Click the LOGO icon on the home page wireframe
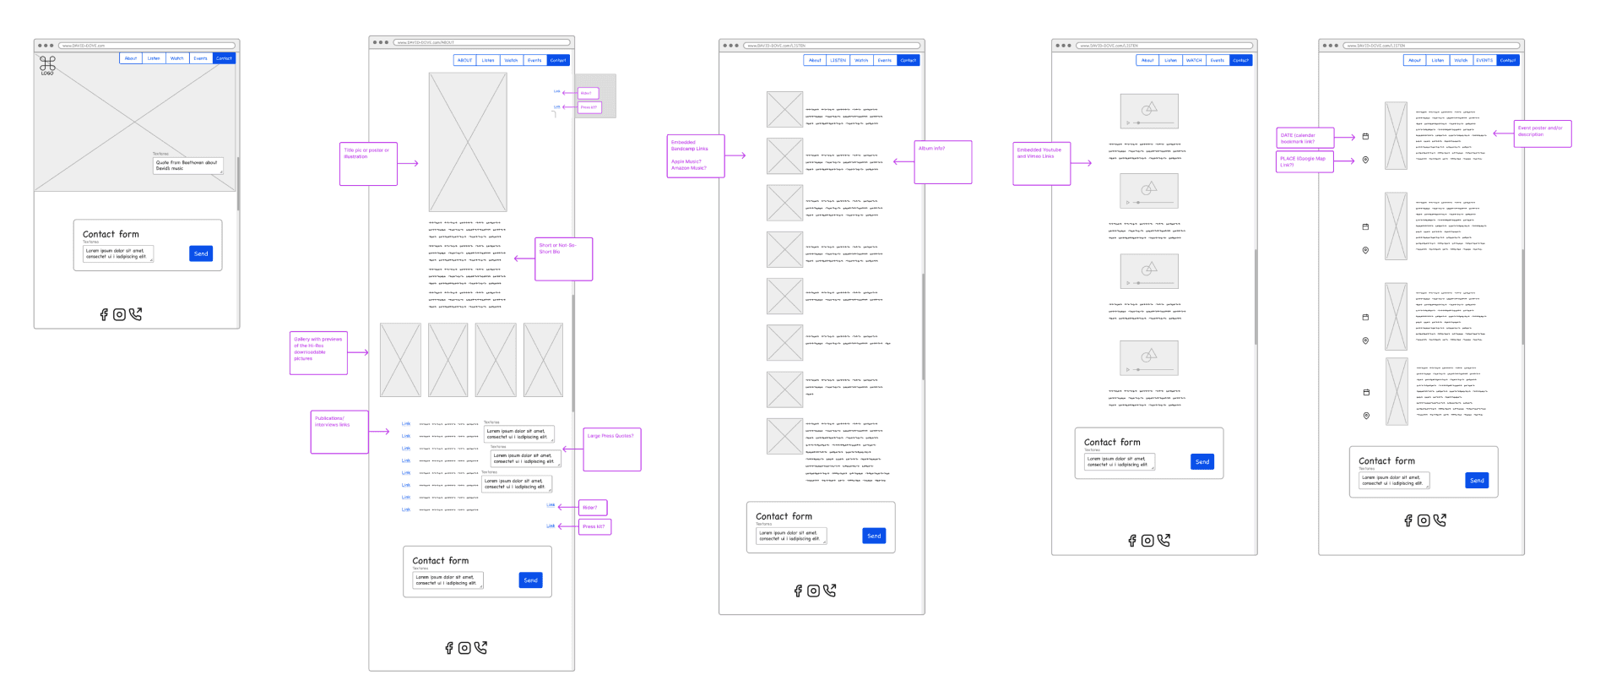click(x=47, y=65)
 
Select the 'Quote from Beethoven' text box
click(x=187, y=166)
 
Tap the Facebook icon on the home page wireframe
click(x=104, y=314)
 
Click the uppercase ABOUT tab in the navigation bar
click(x=464, y=60)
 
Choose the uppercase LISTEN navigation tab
click(x=838, y=60)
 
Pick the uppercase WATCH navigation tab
click(x=1194, y=60)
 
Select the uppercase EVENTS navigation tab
click(x=1484, y=60)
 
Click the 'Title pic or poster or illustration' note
click(x=368, y=164)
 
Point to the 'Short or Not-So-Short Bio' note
click(x=564, y=259)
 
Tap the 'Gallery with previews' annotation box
click(x=318, y=352)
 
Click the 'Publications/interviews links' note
click(x=339, y=432)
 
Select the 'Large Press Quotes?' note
click(x=612, y=449)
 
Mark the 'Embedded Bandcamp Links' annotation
click(x=696, y=156)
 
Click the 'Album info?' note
click(x=943, y=161)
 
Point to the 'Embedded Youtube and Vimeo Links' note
click(x=1042, y=163)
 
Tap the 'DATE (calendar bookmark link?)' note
click(x=1305, y=138)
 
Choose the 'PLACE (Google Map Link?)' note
click(x=1305, y=161)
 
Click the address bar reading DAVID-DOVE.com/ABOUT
click(x=481, y=42)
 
